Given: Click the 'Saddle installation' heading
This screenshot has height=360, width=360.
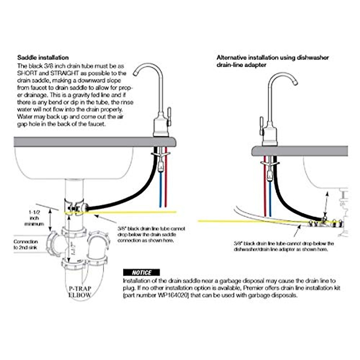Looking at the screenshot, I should coord(43,58).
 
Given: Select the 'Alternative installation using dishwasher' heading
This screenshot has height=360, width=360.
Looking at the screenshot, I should coord(273,58).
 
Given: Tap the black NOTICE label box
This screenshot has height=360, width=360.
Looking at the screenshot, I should coord(142,272).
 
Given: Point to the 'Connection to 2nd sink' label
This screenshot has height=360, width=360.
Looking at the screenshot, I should coord(26,244).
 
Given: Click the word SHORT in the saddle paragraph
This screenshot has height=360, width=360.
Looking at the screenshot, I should coord(25,73).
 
